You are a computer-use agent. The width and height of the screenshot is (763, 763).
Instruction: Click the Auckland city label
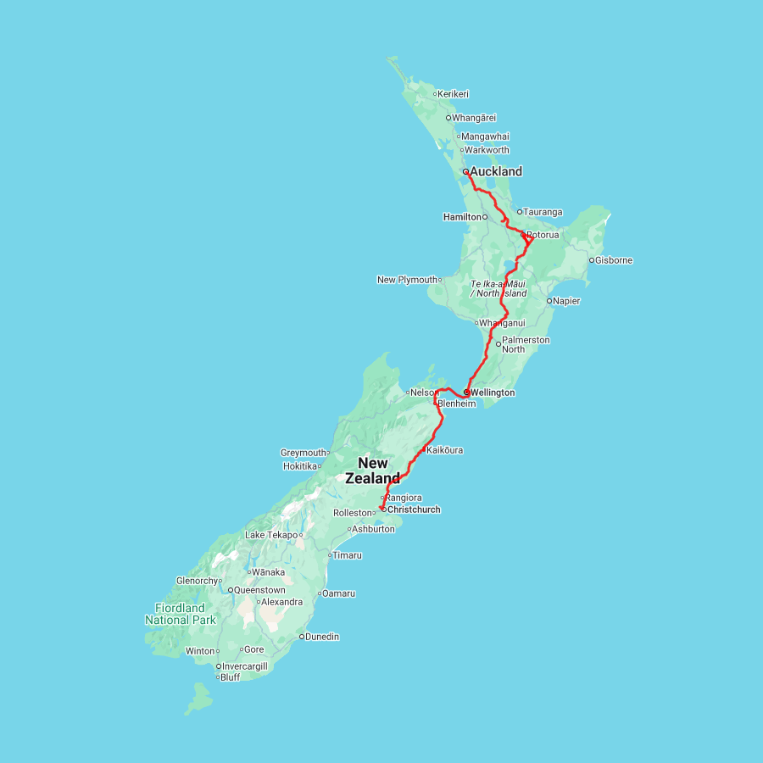pyautogui.click(x=496, y=171)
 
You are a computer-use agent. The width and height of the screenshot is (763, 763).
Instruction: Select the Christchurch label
pyautogui.click(x=414, y=510)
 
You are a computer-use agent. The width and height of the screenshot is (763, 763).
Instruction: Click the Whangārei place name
pyautogui.click(x=474, y=118)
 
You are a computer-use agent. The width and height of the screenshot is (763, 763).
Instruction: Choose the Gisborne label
pyautogui.click(x=614, y=260)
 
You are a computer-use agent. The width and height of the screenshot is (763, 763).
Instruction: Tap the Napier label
pyautogui.click(x=566, y=301)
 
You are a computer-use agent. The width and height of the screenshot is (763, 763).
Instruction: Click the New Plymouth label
pyautogui.click(x=407, y=280)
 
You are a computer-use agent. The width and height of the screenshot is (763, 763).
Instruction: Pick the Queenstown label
pyautogui.click(x=259, y=590)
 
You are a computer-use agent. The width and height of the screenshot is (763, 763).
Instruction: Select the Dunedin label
pyautogui.click(x=322, y=637)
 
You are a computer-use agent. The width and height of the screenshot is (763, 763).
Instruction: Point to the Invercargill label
pyautogui.click(x=244, y=666)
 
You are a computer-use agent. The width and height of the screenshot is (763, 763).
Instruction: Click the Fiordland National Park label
pyautogui.click(x=180, y=614)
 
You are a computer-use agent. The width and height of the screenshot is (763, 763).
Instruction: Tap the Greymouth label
pyautogui.click(x=304, y=453)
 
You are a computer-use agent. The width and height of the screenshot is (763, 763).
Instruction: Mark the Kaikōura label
pyautogui.click(x=444, y=450)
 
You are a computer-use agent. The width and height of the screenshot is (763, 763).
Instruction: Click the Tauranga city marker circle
pyautogui.click(x=520, y=212)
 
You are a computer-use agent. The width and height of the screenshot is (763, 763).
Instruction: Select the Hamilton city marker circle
pyautogui.click(x=485, y=217)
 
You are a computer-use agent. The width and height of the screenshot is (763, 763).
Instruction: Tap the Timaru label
pyautogui.click(x=347, y=555)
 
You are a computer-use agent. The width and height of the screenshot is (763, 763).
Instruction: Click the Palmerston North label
pyautogui.click(x=526, y=344)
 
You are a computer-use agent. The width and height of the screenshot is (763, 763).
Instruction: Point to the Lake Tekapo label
pyautogui.click(x=271, y=535)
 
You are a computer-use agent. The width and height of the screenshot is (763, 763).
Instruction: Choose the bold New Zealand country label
pyautogui.click(x=373, y=471)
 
